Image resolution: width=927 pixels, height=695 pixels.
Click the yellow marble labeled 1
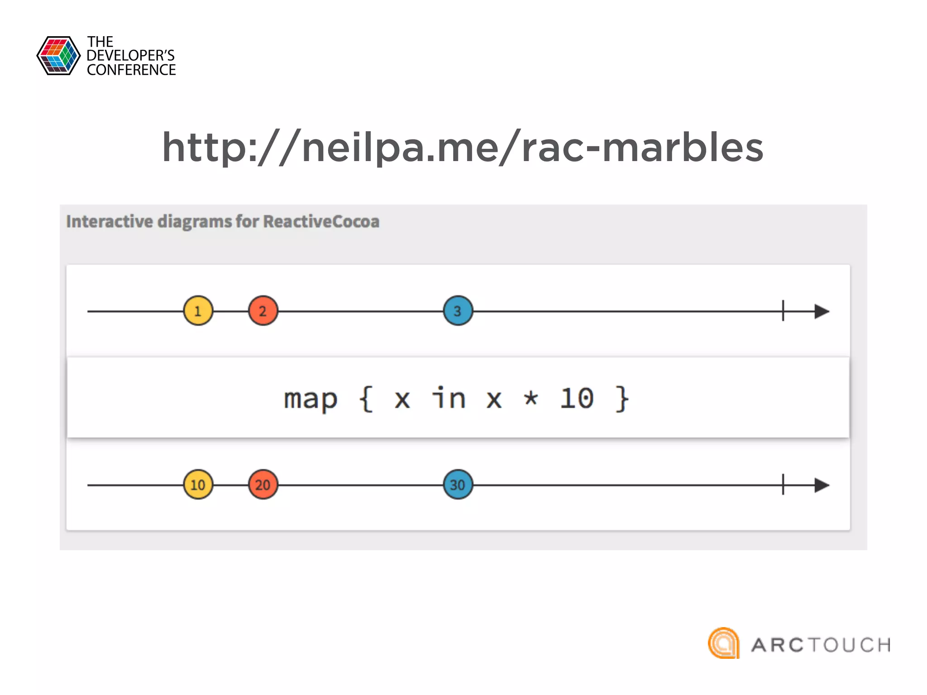[x=198, y=311]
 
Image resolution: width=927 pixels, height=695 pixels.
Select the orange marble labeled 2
[x=263, y=311]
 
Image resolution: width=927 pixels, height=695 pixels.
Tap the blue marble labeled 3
[x=458, y=311]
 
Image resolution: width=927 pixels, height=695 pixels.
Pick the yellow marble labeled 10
[x=198, y=485]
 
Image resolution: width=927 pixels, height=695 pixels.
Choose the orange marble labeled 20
[x=263, y=485]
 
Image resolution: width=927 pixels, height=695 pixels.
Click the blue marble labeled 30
[x=458, y=485]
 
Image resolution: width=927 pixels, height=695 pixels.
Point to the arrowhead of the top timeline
[x=822, y=311]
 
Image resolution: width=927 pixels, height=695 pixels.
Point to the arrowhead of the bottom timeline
[x=822, y=485]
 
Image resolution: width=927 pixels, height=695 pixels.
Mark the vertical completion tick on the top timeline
[x=783, y=311]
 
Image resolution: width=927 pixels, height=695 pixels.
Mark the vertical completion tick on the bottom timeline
[x=783, y=485]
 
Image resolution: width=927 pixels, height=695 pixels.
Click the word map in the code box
[x=311, y=399]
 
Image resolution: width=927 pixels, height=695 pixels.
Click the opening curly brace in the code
[x=366, y=399]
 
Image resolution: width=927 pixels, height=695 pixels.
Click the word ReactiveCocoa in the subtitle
[x=321, y=221]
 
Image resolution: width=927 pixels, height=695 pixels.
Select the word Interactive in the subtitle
[x=110, y=221]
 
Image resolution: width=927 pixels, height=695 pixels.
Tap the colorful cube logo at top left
[x=58, y=56]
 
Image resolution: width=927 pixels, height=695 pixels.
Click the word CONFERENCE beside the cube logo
[x=131, y=70]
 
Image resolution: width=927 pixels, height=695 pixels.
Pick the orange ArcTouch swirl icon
[x=724, y=643]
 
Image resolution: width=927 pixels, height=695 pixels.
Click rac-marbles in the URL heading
[x=642, y=148]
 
